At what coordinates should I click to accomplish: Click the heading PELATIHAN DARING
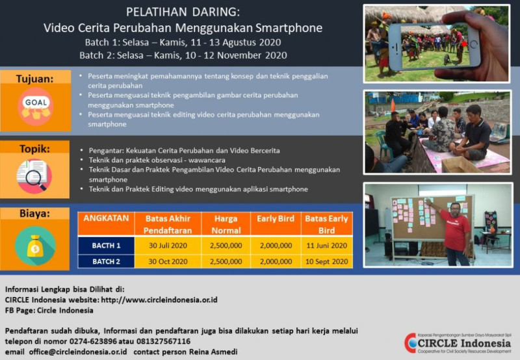point(182,12)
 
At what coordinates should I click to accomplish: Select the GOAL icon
point(36,105)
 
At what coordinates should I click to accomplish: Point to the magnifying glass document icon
point(36,177)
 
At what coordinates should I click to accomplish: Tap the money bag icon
point(36,246)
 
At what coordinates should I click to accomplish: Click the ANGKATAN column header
point(106,219)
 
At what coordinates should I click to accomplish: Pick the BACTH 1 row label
point(106,245)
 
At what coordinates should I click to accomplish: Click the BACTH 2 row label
point(106,261)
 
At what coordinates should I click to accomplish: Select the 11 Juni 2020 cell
point(327,245)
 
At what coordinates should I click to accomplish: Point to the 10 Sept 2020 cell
point(327,261)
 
